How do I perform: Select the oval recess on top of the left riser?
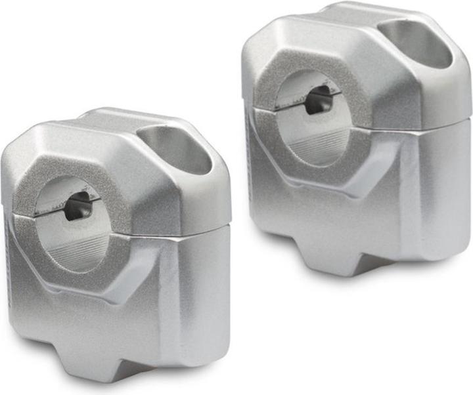click(x=176, y=148)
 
